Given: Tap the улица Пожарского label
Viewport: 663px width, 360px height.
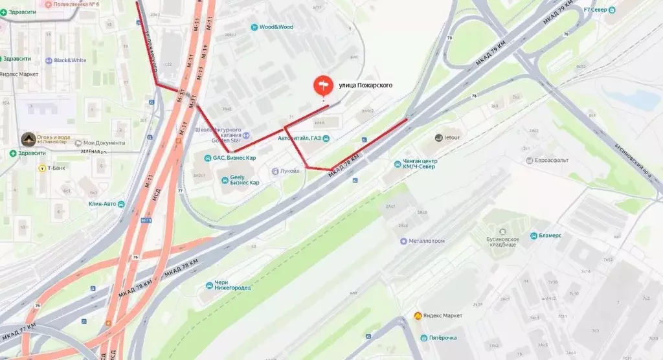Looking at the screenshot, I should [366, 85].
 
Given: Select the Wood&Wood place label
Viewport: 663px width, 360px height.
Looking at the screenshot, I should [276, 27].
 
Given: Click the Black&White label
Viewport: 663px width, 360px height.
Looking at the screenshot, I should [70, 60].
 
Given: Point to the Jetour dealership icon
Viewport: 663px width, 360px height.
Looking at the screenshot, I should [438, 138].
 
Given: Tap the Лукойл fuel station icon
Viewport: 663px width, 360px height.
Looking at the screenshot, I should [275, 171].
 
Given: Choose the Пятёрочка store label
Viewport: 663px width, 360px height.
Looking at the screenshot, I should [443, 338].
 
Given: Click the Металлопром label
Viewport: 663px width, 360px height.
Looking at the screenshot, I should [427, 241].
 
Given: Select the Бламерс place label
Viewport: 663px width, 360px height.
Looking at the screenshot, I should [548, 236].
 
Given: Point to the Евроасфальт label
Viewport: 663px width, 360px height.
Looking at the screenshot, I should [551, 160].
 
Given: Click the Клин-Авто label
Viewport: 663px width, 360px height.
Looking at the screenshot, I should [102, 205].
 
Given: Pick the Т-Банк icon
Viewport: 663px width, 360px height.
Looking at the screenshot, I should [41, 168].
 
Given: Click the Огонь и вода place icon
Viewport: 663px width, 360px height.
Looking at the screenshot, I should [28, 139].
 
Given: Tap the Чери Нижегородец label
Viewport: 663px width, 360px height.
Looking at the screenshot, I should [232, 286].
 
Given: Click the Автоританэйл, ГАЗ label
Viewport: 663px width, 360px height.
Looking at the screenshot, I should [299, 138].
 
